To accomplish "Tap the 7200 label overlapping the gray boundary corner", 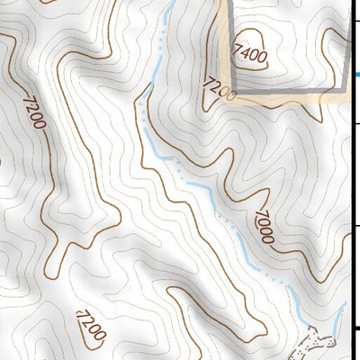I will click(x=219, y=88).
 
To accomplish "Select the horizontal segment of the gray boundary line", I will click(x=288, y=94).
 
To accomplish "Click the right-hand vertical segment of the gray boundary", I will click(x=349, y=54).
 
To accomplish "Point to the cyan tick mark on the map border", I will click(x=356, y=75).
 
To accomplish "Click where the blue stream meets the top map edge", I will click(x=170, y=3).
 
